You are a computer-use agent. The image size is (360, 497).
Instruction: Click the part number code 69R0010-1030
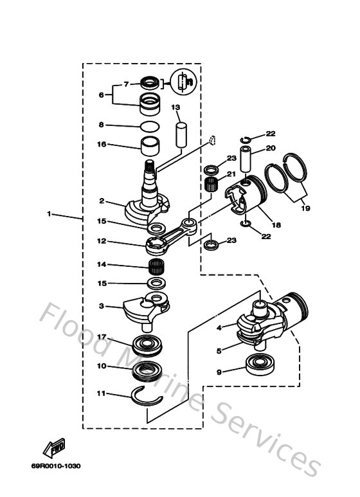tap(56, 465)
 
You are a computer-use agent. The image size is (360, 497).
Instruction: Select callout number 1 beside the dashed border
tap(50, 214)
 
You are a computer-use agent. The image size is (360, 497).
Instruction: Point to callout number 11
tap(101, 393)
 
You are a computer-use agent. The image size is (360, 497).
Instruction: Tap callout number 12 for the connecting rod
tap(101, 242)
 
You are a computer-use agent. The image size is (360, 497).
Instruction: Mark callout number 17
tap(101, 336)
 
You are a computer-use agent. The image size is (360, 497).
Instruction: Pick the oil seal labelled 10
tap(150, 372)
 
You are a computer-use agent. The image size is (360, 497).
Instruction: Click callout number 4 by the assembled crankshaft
tap(219, 327)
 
